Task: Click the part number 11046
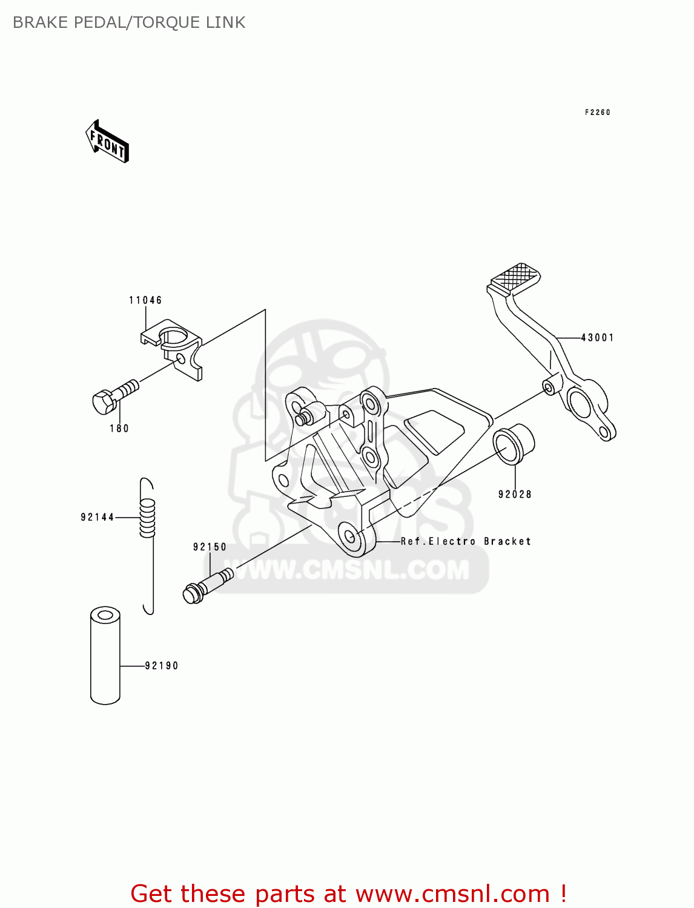(x=145, y=300)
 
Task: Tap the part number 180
(x=119, y=429)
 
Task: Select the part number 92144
(x=97, y=517)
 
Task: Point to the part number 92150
(x=210, y=547)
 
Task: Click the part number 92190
(x=162, y=666)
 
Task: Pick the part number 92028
(x=515, y=495)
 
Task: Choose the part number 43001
(x=597, y=338)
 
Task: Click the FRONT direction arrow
(x=107, y=142)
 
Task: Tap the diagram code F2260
(x=597, y=113)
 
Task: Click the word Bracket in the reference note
(x=507, y=541)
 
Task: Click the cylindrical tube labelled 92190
(x=105, y=656)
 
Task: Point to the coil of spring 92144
(x=147, y=518)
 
